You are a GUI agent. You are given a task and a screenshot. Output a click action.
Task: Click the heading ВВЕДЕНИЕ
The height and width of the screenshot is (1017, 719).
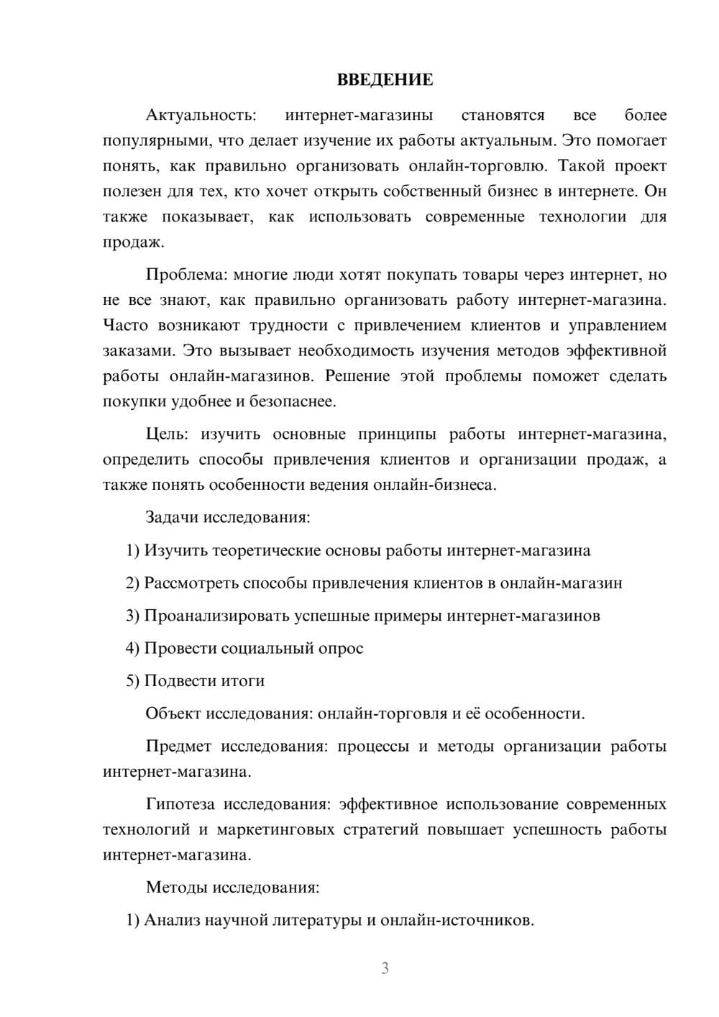(x=385, y=80)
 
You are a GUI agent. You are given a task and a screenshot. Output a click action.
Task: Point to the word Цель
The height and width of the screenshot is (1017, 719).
(x=167, y=434)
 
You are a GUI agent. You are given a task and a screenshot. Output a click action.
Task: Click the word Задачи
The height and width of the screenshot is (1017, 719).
(x=173, y=517)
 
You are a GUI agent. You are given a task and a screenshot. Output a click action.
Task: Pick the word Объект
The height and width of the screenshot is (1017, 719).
(x=173, y=713)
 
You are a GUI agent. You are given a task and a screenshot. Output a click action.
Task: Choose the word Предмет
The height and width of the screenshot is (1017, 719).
(x=178, y=746)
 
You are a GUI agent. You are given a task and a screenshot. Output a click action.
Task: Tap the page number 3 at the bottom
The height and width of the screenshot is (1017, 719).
(x=385, y=968)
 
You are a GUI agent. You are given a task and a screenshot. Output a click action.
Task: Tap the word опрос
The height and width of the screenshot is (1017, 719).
(x=341, y=648)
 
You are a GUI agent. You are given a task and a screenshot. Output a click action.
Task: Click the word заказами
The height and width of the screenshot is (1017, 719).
(x=136, y=351)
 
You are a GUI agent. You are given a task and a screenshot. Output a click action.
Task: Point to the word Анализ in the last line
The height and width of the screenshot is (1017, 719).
(x=172, y=920)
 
